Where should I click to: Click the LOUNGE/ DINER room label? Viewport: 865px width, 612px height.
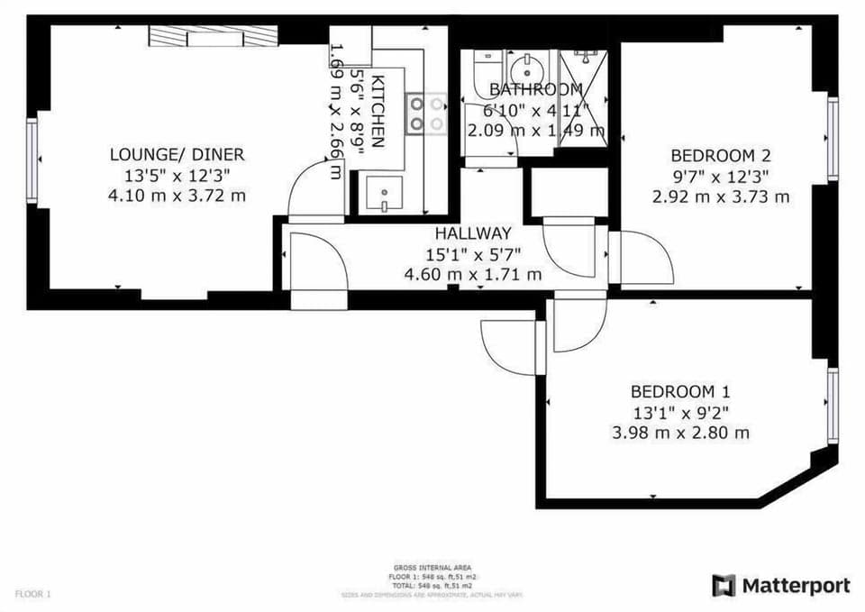click(x=177, y=154)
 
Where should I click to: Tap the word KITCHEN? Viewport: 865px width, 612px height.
click(x=378, y=111)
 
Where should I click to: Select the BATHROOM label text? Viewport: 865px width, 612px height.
click(x=535, y=89)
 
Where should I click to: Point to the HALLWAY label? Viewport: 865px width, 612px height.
click(x=473, y=233)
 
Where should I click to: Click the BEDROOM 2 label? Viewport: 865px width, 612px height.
click(x=721, y=154)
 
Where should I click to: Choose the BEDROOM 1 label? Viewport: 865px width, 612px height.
click(x=680, y=392)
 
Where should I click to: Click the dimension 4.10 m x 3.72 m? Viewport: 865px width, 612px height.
click(x=177, y=195)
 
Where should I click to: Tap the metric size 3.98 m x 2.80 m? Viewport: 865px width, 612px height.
click(x=680, y=433)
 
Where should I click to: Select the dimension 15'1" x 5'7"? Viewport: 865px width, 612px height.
click(x=473, y=254)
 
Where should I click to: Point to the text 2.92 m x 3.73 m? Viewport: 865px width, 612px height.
click(x=721, y=196)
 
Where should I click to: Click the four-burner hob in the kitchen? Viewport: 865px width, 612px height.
click(x=426, y=114)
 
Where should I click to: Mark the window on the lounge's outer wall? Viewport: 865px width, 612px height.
click(x=32, y=159)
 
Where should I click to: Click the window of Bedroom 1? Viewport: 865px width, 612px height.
click(x=833, y=405)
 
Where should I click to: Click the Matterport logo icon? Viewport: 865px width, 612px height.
click(x=724, y=586)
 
